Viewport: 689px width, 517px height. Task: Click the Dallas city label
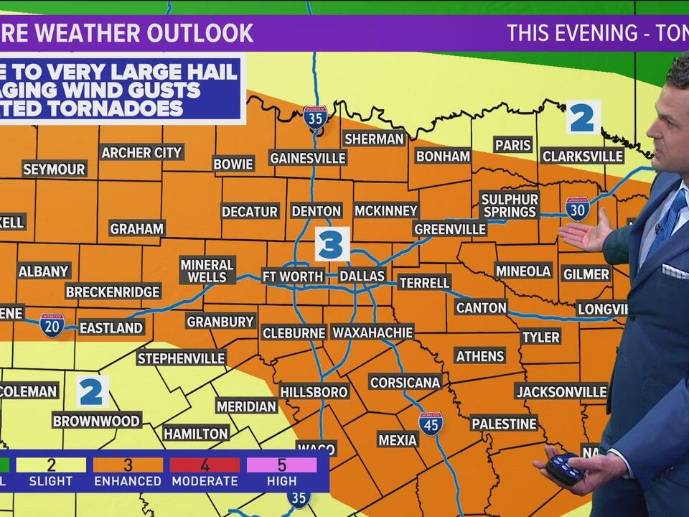coord(362,276)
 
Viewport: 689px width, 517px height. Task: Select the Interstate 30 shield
coord(577,208)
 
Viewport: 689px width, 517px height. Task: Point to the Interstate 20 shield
coord(52,325)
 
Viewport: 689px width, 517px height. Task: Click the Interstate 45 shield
coord(431,424)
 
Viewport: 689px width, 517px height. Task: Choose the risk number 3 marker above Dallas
coord(332,245)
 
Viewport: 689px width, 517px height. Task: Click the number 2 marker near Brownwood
coord(93,392)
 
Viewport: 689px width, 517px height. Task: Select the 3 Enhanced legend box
coord(128,472)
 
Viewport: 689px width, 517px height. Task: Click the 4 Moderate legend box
coord(205,472)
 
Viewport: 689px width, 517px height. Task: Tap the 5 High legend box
coord(281,472)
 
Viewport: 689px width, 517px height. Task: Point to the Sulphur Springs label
coord(510,205)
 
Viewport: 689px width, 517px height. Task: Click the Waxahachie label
coord(372,332)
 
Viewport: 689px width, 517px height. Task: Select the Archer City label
coord(141,152)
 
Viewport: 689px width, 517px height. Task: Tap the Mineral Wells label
coord(207,271)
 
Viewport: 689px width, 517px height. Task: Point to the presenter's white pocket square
coord(675,271)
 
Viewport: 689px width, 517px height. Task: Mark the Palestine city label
coord(504,424)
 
